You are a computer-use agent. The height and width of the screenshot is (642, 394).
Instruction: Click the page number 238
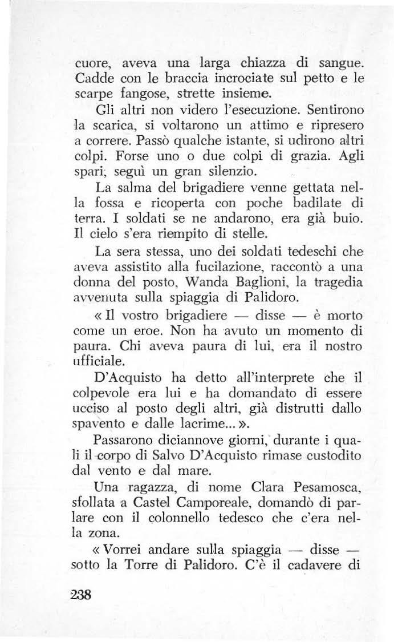coord(80,593)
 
